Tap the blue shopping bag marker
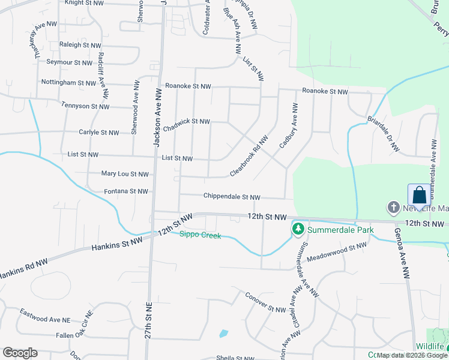click(420, 195)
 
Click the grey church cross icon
click(394, 208)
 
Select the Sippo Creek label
click(200, 235)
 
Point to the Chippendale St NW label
click(232, 197)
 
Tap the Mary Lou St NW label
click(125, 174)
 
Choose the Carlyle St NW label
click(99, 132)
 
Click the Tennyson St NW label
click(85, 106)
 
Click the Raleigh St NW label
click(80, 45)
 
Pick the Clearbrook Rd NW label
click(249, 157)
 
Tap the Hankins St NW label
click(117, 244)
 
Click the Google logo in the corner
click(20, 353)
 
